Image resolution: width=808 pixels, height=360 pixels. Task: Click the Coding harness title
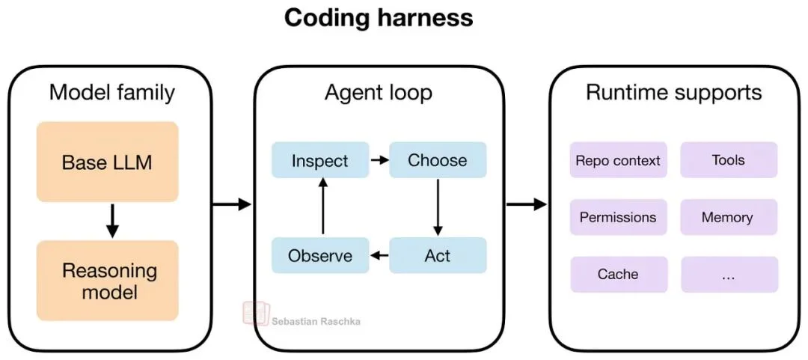379,18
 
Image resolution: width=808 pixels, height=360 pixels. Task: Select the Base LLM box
108,162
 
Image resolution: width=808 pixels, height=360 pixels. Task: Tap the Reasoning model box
108,281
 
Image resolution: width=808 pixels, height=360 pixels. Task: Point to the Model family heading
111,93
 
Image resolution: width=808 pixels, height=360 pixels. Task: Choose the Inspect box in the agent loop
320,160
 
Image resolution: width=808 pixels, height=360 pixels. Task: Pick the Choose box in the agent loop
438,160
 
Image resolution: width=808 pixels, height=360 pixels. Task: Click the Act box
438,256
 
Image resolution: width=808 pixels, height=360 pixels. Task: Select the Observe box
320,256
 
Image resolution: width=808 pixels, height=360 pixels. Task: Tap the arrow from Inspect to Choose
379,160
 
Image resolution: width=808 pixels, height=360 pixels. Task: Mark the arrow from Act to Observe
379,256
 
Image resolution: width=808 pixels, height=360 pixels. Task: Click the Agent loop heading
378,93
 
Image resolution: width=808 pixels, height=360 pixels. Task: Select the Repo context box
618,160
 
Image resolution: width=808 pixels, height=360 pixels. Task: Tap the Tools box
729,160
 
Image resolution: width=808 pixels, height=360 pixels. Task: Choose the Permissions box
618,218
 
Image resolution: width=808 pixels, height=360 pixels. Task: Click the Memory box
729,218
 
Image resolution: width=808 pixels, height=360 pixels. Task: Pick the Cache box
618,275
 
